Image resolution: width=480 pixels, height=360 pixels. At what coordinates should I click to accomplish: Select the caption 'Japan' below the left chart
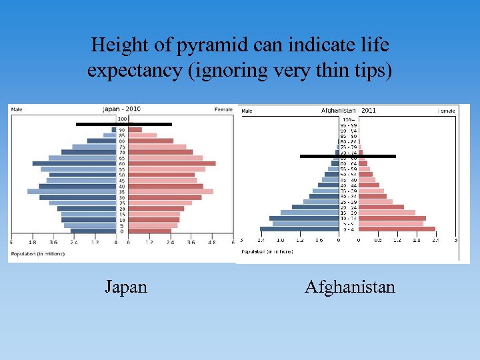coord(126,287)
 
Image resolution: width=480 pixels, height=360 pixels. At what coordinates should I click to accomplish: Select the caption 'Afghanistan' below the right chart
coord(350,287)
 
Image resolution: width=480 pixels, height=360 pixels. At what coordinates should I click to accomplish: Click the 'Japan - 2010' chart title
coord(121,109)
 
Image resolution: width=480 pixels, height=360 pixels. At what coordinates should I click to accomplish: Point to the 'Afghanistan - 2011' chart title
coord(348,110)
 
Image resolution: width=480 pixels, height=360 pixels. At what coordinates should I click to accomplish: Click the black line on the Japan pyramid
coord(123,124)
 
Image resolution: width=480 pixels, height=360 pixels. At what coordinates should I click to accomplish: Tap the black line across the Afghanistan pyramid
coord(347,156)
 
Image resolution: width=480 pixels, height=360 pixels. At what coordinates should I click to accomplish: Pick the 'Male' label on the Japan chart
coord(16,109)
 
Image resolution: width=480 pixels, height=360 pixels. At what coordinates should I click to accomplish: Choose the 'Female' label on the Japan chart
coord(223,109)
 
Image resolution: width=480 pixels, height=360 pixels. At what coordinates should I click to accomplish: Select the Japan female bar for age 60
coord(171,163)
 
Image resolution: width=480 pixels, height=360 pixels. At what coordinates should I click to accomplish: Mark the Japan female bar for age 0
coord(149,231)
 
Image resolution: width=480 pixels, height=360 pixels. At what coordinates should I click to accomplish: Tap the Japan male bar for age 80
coord(101,141)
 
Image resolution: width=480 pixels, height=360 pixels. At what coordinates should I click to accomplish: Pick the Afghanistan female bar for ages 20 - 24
coord(381,207)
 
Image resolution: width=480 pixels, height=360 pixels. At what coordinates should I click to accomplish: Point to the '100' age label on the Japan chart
coord(122,118)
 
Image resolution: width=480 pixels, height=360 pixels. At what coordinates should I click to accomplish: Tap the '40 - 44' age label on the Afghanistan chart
coord(349,185)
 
